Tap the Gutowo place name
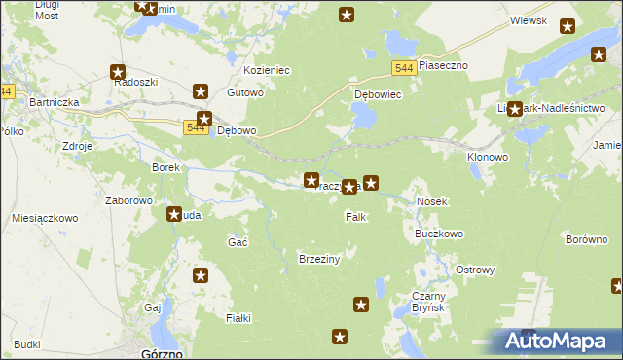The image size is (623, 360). click(x=245, y=93)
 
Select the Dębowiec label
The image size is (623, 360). click(x=378, y=96)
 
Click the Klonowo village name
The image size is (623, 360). click(x=488, y=157)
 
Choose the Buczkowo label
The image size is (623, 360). click(x=439, y=234)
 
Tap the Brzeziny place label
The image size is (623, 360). click(x=318, y=259)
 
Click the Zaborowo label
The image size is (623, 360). click(x=129, y=200)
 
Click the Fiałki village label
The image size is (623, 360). click(x=238, y=318)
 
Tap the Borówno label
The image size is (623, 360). click(x=586, y=237)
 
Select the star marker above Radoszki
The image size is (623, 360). click(x=118, y=71)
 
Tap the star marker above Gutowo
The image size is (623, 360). click(x=201, y=92)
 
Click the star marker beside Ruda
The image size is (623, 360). click(x=174, y=214)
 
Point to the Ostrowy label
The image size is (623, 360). click(x=476, y=270)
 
